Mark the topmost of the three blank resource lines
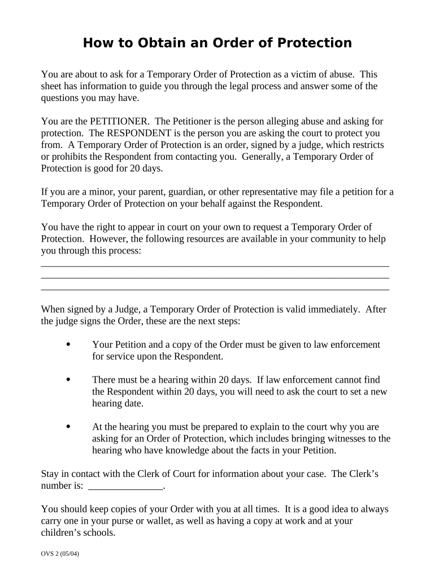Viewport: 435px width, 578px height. click(x=215, y=265)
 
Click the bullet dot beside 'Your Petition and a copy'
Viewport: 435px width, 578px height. click(x=68, y=344)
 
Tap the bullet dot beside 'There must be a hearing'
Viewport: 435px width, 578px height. click(x=68, y=380)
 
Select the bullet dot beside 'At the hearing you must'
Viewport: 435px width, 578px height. click(x=68, y=427)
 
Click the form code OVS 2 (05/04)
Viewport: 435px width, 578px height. click(x=60, y=554)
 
